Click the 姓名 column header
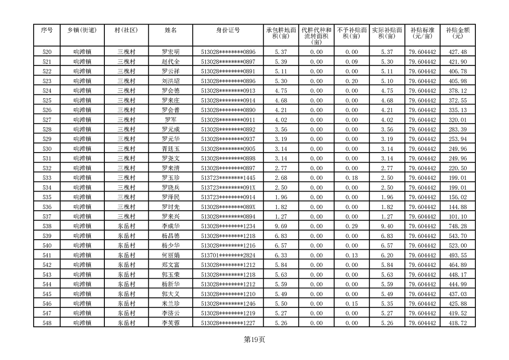pyautogui.click(x=171, y=30)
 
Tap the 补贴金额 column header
pyautogui.click(x=457, y=33)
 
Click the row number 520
pyautogui.click(x=47, y=52)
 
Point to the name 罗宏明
pyautogui.click(x=171, y=52)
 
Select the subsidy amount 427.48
pyautogui.click(x=457, y=52)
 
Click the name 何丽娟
pyautogui.click(x=171, y=256)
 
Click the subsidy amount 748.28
pyautogui.click(x=457, y=227)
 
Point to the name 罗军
pyautogui.click(x=171, y=120)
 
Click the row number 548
pyautogui.click(x=47, y=323)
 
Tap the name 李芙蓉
pyautogui.click(x=171, y=323)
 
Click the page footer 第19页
pyautogui.click(x=254, y=340)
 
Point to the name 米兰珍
pyautogui.click(x=171, y=304)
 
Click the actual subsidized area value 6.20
pyautogui.click(x=387, y=256)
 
